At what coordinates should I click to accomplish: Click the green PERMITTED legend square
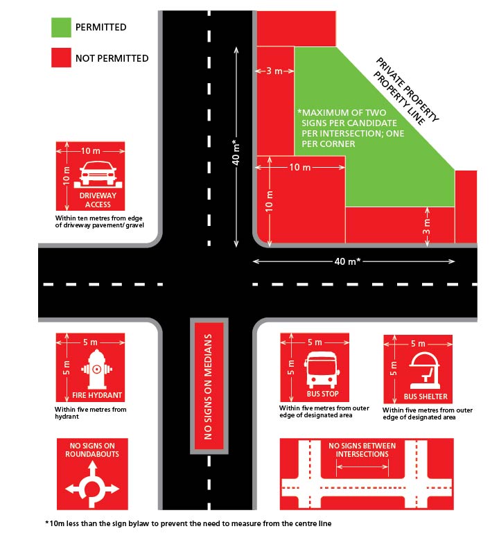point(62,28)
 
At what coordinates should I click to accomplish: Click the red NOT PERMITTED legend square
point(62,58)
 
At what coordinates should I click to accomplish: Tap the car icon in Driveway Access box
point(91,172)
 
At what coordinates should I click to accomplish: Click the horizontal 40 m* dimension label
point(353,261)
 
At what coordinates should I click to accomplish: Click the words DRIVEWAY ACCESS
point(91,200)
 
